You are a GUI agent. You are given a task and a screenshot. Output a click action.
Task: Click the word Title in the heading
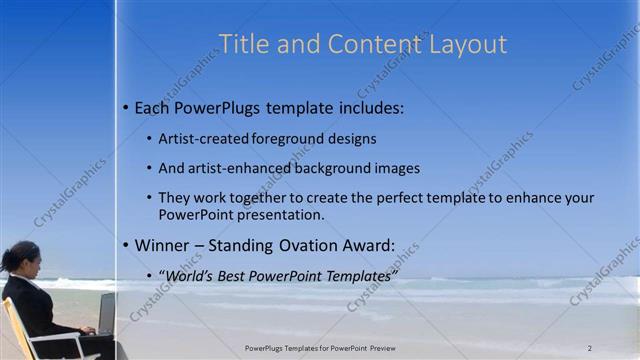pos(241,44)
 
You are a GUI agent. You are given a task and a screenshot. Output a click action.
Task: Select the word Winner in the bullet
pos(161,245)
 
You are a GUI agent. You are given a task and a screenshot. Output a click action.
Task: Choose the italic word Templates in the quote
pos(358,275)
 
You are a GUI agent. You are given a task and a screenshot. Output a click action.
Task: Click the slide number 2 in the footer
pos(589,348)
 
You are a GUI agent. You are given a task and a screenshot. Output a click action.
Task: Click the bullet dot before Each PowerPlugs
pos(125,107)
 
